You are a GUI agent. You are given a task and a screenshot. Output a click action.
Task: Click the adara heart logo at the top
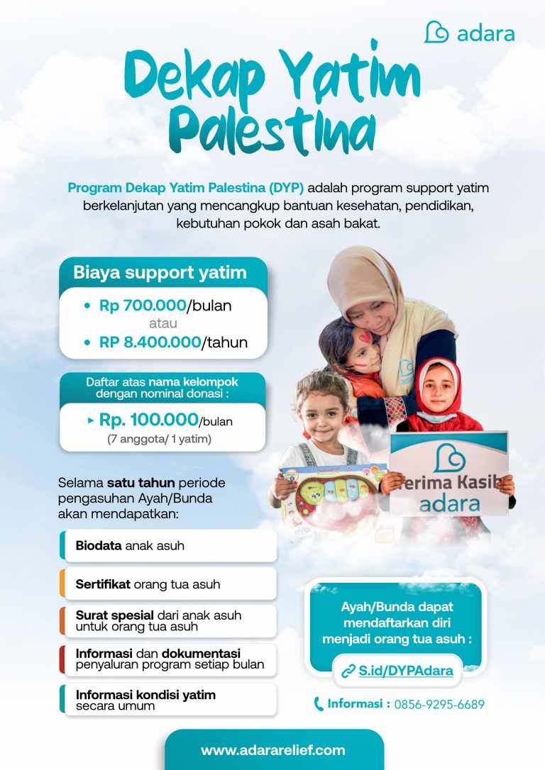tap(436, 32)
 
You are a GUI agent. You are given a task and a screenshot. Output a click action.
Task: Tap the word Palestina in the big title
tap(275, 128)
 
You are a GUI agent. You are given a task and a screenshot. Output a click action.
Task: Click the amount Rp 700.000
tap(143, 306)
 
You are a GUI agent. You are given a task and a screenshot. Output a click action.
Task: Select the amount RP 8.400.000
tap(150, 342)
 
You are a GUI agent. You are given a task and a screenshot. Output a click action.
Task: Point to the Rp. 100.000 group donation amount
tap(148, 420)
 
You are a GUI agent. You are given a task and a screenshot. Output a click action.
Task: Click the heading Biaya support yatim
tap(160, 272)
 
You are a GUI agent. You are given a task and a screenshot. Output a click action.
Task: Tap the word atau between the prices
tap(164, 324)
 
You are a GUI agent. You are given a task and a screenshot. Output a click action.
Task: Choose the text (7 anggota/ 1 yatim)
tap(160, 439)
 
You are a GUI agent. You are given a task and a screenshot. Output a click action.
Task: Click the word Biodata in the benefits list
tap(99, 546)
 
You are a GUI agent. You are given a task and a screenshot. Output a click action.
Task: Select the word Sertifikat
tap(103, 584)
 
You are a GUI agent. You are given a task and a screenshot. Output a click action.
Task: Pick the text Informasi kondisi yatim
tap(145, 694)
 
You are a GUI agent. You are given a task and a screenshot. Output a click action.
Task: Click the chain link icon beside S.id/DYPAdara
tap(348, 671)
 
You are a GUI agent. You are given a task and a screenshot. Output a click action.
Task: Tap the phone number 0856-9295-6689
tap(439, 704)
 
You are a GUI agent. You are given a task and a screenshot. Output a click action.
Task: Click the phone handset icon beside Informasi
tap(319, 704)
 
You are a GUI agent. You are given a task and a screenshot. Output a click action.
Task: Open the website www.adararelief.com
tap(273, 750)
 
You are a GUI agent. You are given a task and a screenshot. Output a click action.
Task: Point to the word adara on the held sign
tap(449, 504)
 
